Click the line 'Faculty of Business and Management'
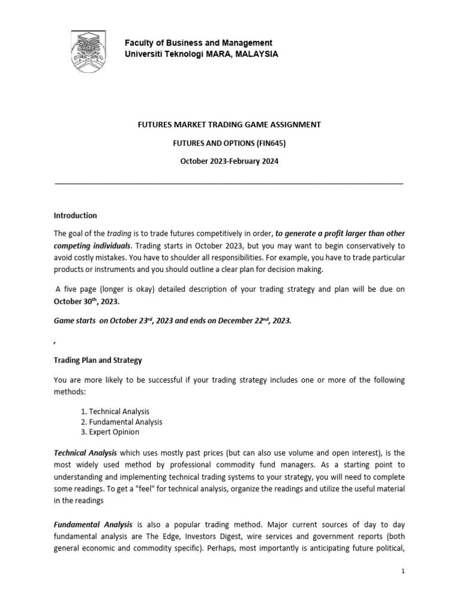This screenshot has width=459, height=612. click(198, 43)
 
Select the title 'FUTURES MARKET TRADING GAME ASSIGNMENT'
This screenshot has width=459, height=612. click(229, 124)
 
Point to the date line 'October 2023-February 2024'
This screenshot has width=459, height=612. click(229, 161)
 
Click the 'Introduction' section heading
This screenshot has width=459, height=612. click(75, 215)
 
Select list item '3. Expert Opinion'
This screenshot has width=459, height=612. click(109, 432)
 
